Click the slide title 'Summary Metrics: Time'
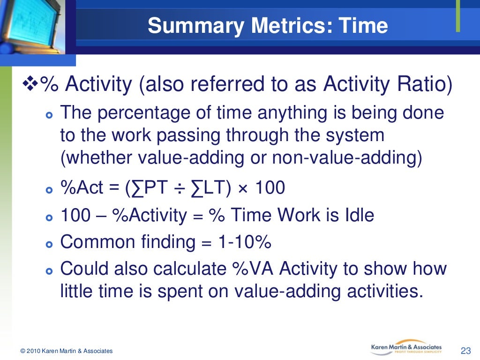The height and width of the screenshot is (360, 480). tap(268, 25)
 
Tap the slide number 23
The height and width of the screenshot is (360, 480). tap(465, 351)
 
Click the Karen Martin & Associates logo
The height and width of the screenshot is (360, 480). tap(406, 348)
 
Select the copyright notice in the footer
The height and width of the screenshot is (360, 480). tap(67, 351)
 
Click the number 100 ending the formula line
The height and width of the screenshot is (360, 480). tap(270, 188)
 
